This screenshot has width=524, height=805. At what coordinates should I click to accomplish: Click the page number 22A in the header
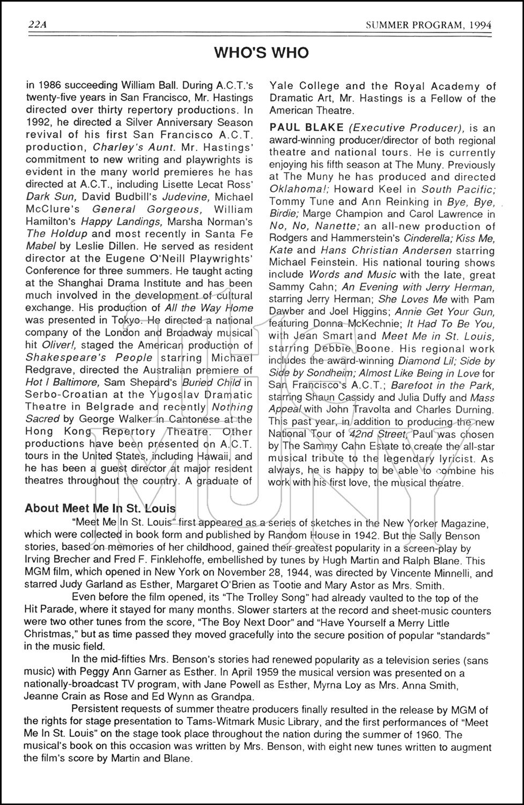(x=37, y=25)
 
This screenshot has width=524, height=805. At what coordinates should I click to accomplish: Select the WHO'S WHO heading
(x=261, y=53)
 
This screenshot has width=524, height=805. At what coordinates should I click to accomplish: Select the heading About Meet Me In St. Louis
(x=100, y=508)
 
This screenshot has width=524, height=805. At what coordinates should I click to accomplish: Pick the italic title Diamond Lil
(x=438, y=361)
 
